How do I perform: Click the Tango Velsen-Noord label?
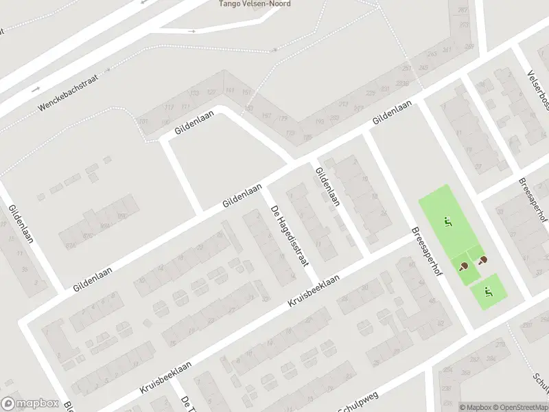tap(255, 4)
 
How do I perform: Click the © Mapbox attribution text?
tap(474, 407)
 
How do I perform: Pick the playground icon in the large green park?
tap(448, 222)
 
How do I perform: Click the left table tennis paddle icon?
tap(465, 266)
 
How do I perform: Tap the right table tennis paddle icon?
tap(483, 260)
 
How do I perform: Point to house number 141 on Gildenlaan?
tap(229, 91)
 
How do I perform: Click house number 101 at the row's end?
tap(143, 122)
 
